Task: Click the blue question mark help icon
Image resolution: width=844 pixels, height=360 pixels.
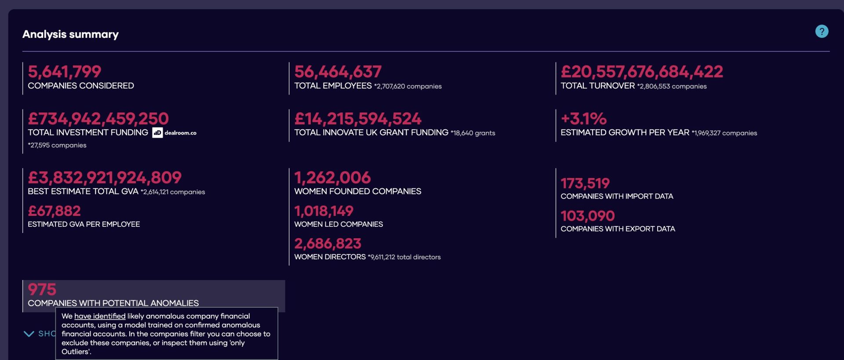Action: point(822,31)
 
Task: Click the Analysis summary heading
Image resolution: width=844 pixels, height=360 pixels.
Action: point(70,34)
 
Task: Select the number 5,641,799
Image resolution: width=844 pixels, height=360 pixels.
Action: point(65,72)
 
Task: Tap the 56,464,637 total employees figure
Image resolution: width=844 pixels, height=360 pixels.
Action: point(338,72)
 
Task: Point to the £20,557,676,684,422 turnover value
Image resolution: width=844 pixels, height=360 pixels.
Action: point(642,72)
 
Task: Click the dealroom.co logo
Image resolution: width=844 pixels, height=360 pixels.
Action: point(175,133)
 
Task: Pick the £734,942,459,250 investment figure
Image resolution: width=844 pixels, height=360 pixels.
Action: point(98,119)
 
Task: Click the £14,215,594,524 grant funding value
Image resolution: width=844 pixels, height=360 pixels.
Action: point(358,119)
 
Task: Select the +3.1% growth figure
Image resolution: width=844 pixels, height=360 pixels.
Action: point(583,119)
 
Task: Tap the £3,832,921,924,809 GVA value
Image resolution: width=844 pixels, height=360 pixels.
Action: point(105,178)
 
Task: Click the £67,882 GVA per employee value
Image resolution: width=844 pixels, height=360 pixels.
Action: point(54,211)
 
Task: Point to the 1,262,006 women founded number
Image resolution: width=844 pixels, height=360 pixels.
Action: point(332,178)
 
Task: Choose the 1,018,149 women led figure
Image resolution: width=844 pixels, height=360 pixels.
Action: point(324,211)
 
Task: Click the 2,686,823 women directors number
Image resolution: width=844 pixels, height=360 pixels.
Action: point(327,244)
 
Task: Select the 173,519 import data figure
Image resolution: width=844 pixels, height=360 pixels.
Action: point(585,183)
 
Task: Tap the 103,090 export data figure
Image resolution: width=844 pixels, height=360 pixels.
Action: point(588,216)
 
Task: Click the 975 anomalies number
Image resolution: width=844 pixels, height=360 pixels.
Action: point(42,290)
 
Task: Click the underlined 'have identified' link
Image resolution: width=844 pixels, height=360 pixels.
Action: point(100,316)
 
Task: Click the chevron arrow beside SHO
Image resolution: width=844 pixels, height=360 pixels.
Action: point(29,334)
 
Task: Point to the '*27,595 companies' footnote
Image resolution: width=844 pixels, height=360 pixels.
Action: point(57,145)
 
